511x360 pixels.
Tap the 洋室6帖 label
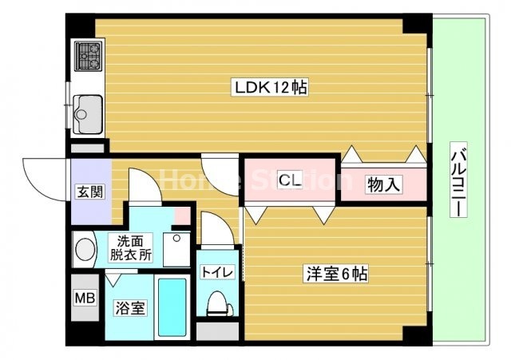pos(335,274)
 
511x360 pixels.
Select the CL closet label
pos(289,181)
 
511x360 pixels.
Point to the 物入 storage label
pos(382,185)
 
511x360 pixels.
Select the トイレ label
pos(216,272)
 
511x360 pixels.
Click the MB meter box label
pos(84,299)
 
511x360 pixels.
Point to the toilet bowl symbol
pos(216,305)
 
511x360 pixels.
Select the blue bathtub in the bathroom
pos(172,307)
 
